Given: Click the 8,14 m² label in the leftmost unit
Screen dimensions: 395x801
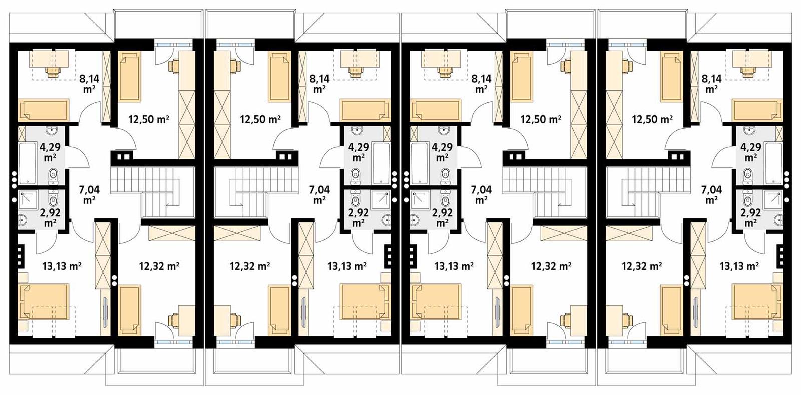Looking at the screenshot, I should (x=89, y=83).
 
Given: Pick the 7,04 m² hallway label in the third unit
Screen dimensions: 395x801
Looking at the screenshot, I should (x=481, y=195).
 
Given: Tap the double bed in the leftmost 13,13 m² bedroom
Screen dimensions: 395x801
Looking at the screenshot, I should (x=43, y=302).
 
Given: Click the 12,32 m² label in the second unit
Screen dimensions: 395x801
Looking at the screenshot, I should (x=250, y=266).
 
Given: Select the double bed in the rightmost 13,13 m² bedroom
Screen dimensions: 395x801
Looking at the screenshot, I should (x=757, y=302).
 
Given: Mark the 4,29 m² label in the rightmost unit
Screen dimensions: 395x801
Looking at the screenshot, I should (x=750, y=152).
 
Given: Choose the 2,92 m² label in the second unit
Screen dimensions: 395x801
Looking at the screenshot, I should (x=358, y=217).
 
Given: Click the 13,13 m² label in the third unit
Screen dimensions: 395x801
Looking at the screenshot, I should (x=453, y=266).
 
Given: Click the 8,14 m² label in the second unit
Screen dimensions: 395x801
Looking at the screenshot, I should (x=319, y=83).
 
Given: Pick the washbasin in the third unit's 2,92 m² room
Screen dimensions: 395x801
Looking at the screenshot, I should (x=416, y=219).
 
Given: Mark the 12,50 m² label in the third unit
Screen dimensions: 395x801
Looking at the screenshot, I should (x=541, y=119).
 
